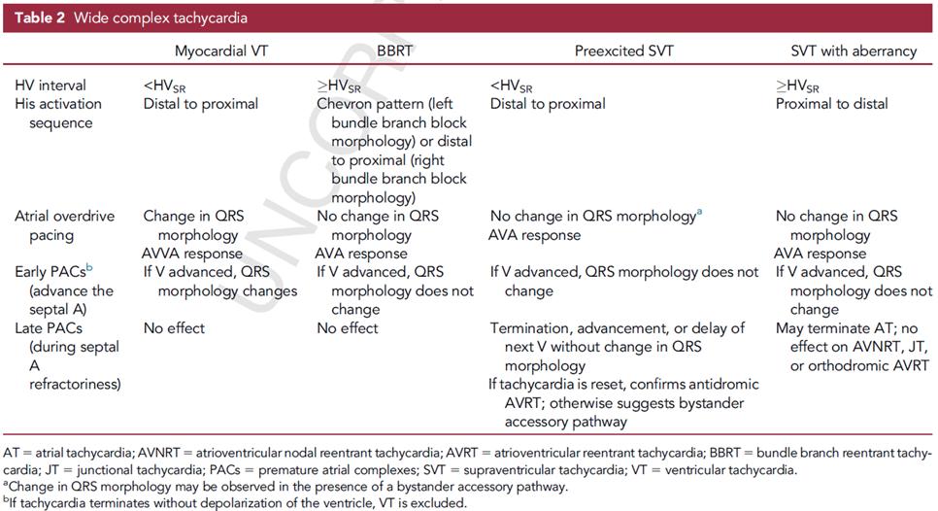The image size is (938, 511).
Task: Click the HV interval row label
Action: tap(50, 85)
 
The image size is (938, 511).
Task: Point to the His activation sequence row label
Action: tap(57, 114)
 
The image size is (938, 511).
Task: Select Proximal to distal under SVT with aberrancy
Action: tap(831, 104)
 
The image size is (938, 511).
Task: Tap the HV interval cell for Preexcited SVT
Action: tap(512, 86)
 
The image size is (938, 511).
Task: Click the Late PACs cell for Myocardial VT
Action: tap(174, 328)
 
